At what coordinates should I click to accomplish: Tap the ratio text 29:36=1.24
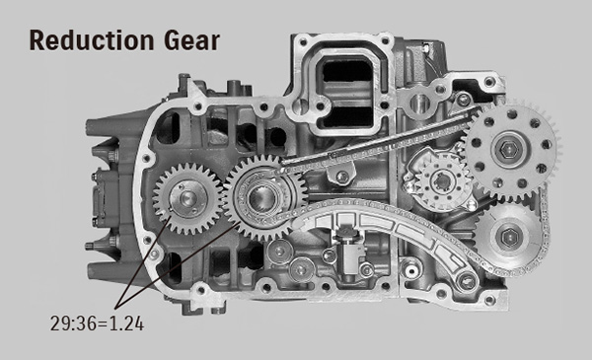click(97, 322)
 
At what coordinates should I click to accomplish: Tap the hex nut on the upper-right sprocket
click(509, 147)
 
